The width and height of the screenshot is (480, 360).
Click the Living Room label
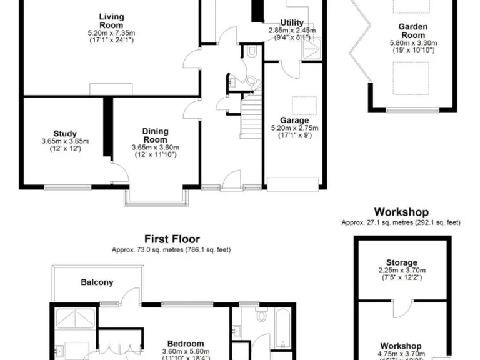pyautogui.click(x=112, y=21)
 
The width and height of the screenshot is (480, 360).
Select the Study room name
pyautogui.click(x=65, y=133)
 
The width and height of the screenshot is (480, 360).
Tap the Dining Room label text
pyautogui.click(x=156, y=135)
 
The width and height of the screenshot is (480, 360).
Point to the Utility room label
pyautogui.click(x=292, y=22)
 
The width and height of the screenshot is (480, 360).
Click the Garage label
pyautogui.click(x=294, y=120)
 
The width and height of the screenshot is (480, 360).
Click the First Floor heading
pyautogui.click(x=172, y=239)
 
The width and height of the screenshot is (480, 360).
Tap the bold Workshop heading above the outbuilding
pyautogui.click(x=401, y=212)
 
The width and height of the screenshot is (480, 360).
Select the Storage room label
pyautogui.click(x=401, y=262)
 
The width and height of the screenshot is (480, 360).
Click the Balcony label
pyautogui.click(x=97, y=282)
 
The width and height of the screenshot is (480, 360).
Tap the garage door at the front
pyautogui.click(x=293, y=185)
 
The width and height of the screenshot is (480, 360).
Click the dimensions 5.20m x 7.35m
pyautogui.click(x=112, y=32)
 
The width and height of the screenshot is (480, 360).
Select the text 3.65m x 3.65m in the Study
pyautogui.click(x=66, y=141)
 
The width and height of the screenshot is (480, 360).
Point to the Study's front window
pyautogui.click(x=65, y=186)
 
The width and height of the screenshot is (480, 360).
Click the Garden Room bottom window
pyautogui.click(x=412, y=111)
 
